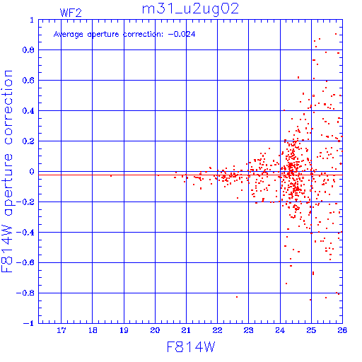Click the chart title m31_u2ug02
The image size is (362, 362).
pos(190,9)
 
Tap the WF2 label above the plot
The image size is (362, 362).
pos(71,13)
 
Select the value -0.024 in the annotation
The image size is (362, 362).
pos(182,35)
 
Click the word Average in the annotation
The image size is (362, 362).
pos(69,35)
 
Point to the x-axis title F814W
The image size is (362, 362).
pos(191,346)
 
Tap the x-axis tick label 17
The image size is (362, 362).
pos(62,330)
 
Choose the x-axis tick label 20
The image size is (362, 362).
pos(155,330)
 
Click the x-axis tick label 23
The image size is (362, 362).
pos(248,330)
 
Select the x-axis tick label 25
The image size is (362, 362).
pos(311,330)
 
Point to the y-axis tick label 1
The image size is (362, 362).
pos(32,20)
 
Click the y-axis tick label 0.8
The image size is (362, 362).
pos(28,50)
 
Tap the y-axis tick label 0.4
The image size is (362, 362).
pos(28,111)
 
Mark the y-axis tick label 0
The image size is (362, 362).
pos(32,172)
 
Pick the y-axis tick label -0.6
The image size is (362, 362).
pos(25,262)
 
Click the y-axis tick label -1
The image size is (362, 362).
pos(29,323)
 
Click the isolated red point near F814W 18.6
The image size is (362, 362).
pos(111,175)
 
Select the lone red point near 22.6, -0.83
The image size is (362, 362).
pos(237,297)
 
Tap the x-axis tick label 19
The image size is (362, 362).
pos(124,330)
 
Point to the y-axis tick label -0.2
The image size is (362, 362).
pos(25,202)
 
